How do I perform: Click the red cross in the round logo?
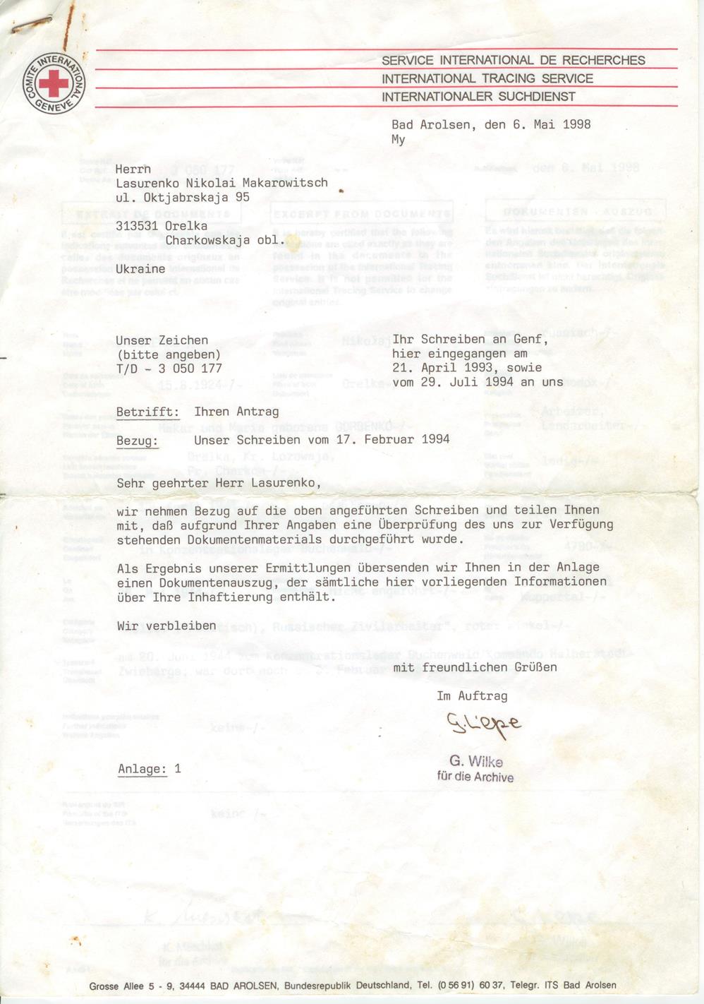(x=53, y=84)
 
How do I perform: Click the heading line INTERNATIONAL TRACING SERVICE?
(x=487, y=78)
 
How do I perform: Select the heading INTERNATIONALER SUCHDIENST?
(x=478, y=97)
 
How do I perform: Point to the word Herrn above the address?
(x=133, y=169)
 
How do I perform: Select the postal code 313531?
(x=137, y=226)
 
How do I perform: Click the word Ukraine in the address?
(x=140, y=269)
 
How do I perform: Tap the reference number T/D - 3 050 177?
(x=169, y=369)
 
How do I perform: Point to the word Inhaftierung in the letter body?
(x=226, y=597)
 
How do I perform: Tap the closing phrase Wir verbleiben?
(x=166, y=626)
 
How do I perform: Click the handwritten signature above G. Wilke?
(x=483, y=724)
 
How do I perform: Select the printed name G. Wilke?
(x=475, y=762)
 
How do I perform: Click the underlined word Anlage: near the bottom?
(x=142, y=770)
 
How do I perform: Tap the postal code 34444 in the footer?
(x=193, y=986)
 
